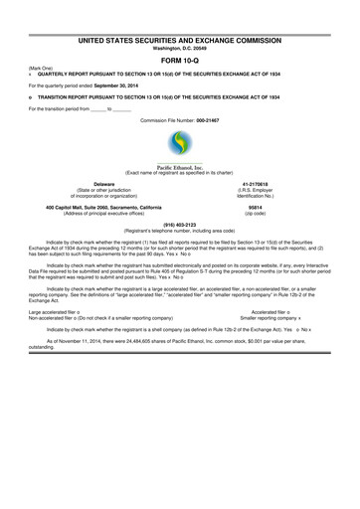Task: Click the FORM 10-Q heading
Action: click(x=180, y=34)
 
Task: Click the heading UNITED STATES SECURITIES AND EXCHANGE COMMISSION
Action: click(x=180, y=12)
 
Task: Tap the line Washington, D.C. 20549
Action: click(x=180, y=21)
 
